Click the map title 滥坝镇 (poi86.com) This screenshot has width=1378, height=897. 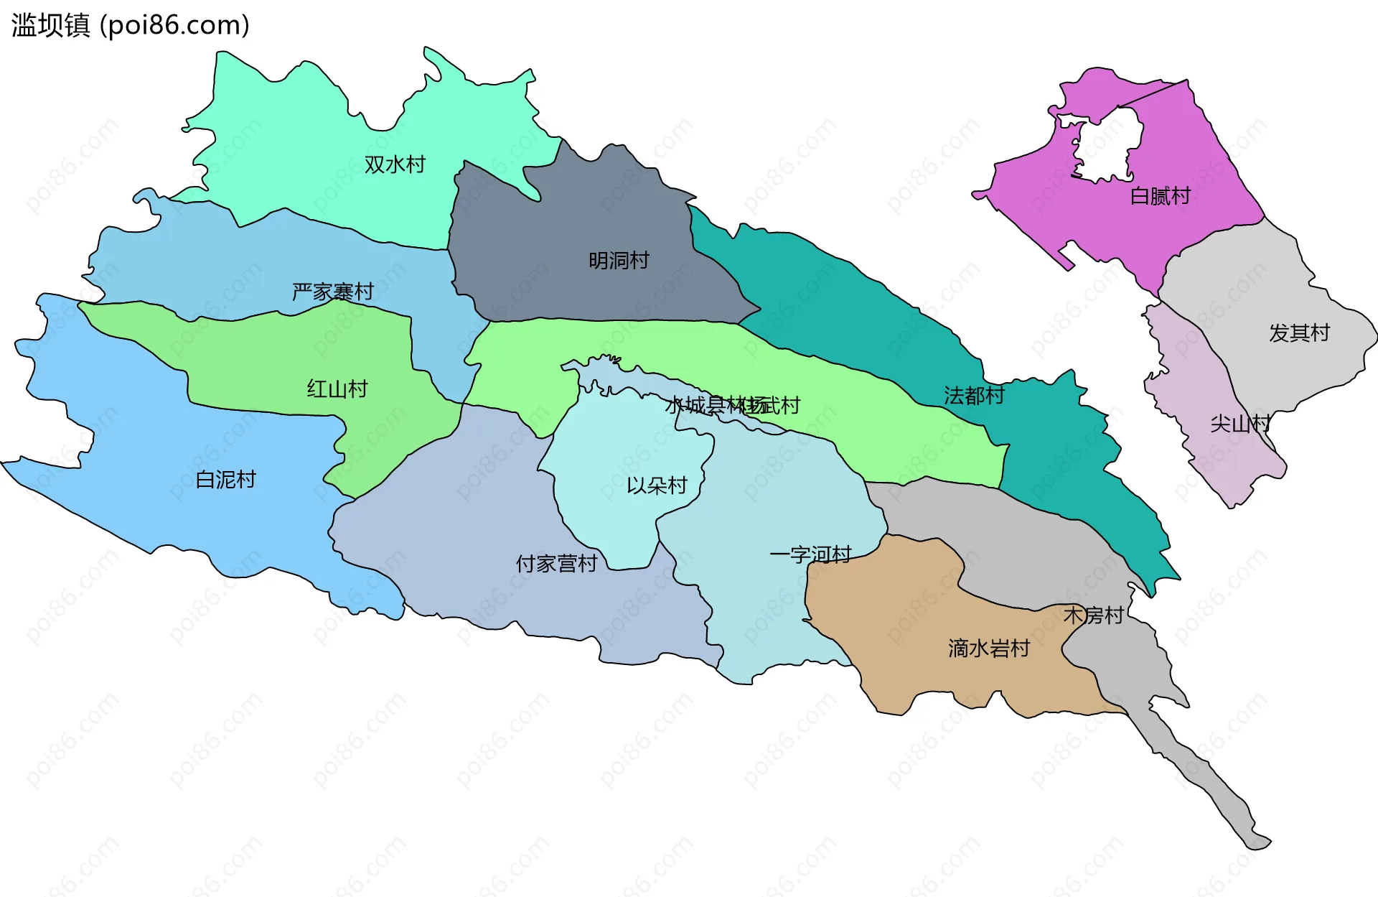tap(130, 25)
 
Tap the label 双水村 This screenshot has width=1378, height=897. tap(395, 164)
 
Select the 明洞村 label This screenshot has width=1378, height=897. tap(619, 260)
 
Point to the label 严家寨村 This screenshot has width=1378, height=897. tap(332, 292)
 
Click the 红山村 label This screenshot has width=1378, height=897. tap(337, 389)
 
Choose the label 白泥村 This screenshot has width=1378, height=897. tap(225, 479)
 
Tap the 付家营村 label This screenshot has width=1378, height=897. tap(556, 564)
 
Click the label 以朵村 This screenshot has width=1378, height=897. tap(657, 485)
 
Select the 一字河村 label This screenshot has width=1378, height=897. tap(810, 554)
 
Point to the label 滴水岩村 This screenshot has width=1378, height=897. tap(988, 649)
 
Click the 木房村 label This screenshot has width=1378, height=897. tap(1093, 615)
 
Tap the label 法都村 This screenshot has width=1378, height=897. tap(974, 395)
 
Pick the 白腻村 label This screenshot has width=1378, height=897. tap(1160, 196)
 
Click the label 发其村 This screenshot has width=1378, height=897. tap(1299, 333)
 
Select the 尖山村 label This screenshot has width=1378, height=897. tap(1240, 424)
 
